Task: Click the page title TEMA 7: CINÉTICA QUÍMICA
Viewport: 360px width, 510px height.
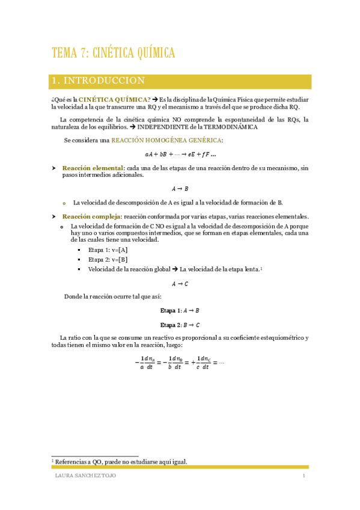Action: coord(114,53)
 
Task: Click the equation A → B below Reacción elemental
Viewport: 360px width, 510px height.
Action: coord(180,189)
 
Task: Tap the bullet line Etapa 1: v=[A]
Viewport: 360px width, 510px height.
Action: coord(108,250)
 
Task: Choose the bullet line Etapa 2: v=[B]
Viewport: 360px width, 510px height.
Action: coord(108,259)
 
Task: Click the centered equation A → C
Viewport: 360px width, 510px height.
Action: coord(180,283)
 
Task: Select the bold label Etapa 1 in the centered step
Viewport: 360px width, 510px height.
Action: coord(170,311)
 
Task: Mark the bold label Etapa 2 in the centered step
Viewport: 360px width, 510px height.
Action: coord(170,325)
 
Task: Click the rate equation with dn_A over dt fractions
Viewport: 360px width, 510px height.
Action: coord(180,363)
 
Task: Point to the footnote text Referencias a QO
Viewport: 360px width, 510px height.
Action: coord(121,462)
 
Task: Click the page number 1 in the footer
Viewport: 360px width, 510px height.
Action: coord(305,476)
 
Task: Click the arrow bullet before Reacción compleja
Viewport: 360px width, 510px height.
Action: coord(54,217)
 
